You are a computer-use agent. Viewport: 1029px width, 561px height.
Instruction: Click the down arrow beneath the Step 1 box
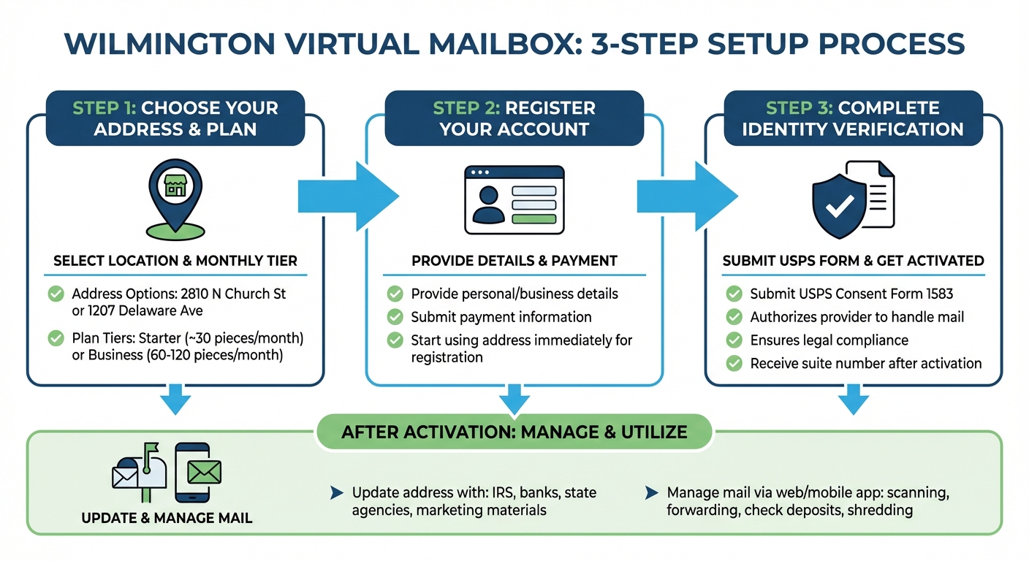[x=175, y=400]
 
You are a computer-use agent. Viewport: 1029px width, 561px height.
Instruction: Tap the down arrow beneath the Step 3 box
[x=853, y=400]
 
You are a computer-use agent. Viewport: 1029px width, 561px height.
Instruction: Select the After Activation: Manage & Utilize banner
[x=514, y=432]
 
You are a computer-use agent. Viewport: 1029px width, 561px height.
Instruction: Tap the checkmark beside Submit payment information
[x=395, y=317]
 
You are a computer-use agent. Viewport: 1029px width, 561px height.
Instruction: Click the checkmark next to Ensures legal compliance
[x=734, y=340]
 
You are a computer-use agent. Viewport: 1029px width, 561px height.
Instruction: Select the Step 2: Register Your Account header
[x=514, y=119]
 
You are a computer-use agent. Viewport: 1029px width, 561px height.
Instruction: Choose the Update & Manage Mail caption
[x=167, y=519]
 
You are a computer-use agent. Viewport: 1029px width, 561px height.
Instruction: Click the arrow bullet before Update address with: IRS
[x=337, y=494]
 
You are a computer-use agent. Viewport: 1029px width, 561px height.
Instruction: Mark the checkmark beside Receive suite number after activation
[x=734, y=363]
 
